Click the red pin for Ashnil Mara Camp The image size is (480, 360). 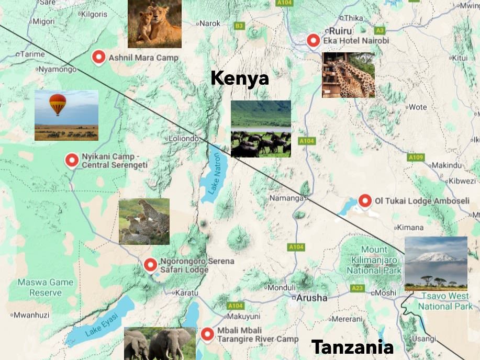98,57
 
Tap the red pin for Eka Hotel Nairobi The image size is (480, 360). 313,40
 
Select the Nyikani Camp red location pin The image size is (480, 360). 72,160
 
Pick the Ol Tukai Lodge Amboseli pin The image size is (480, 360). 365,200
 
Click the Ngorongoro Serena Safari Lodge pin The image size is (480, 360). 150,265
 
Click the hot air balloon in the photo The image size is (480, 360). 58,104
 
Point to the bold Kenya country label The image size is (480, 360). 239,78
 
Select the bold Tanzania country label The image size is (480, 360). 352,347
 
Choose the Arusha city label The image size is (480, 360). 311,298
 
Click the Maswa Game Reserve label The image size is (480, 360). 46,287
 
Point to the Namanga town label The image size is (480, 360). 286,198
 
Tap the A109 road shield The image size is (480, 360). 416,157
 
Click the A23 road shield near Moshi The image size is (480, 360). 357,288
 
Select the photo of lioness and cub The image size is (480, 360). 154,24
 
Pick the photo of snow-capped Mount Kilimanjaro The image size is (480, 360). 436,263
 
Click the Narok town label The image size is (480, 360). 210,23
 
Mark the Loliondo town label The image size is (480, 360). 183,139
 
